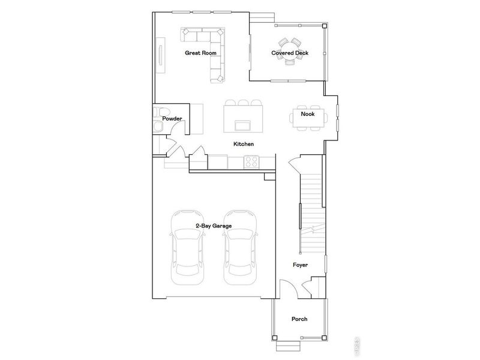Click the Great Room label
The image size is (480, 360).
tap(200, 53)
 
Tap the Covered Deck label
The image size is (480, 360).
tap(290, 53)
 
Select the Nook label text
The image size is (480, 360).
tap(307, 113)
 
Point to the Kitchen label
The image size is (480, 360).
tap(244, 144)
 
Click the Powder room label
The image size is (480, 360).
tap(172, 119)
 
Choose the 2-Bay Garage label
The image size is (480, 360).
tap(214, 226)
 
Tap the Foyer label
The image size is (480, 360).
tap(300, 264)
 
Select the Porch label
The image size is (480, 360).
tap(299, 319)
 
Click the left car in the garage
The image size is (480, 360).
tap(187, 247)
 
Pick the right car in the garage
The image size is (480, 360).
tap(240, 247)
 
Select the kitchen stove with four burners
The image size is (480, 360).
tap(251, 161)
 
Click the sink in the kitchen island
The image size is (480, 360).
tap(243, 125)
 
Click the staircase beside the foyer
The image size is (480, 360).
tap(311, 210)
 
